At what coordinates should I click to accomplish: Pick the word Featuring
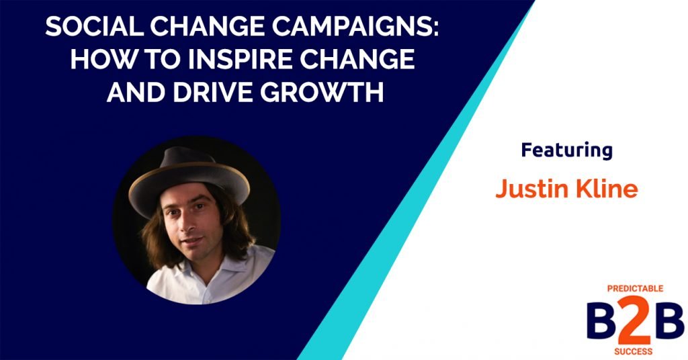click(x=566, y=150)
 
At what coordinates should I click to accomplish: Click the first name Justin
click(x=529, y=189)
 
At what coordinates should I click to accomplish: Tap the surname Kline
click(x=603, y=189)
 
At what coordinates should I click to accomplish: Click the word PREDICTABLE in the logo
click(x=636, y=288)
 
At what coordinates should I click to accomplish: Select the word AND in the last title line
click(x=134, y=92)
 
